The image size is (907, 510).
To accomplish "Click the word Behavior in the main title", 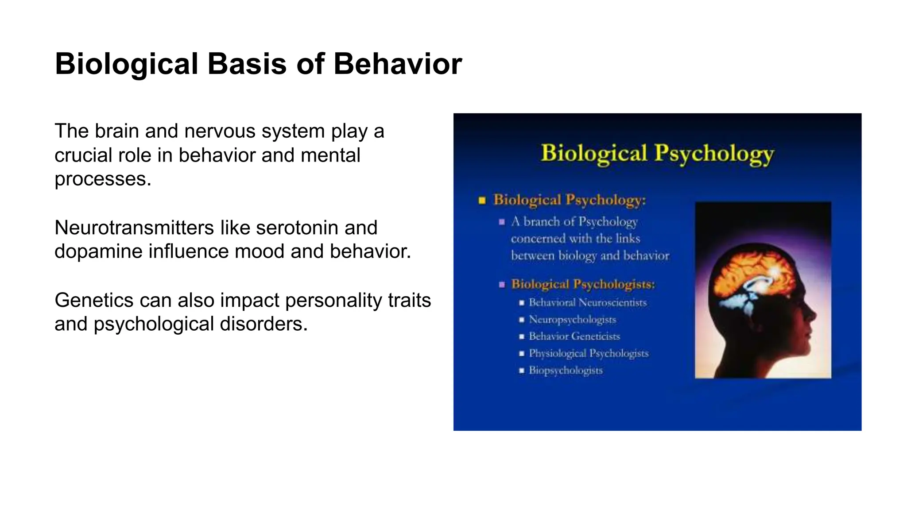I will point(397,64).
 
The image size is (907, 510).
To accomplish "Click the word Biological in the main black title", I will point(126,64).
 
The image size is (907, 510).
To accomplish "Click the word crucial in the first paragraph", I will point(82,155).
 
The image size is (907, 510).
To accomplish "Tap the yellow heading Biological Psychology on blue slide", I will point(657,154).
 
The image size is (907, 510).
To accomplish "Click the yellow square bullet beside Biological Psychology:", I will point(482,201).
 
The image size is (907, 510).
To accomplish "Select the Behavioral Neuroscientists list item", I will point(587,302).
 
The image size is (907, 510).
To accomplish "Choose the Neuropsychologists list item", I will point(572,319).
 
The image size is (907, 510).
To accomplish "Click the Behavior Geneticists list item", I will point(574,336).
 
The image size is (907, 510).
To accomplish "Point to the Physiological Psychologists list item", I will point(588,353).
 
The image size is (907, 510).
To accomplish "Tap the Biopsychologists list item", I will point(566,370).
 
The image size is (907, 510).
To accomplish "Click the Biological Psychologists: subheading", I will point(583,284).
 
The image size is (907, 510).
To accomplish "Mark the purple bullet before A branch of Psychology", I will point(502,222).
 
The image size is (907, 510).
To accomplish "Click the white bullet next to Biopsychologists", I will point(521,370).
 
